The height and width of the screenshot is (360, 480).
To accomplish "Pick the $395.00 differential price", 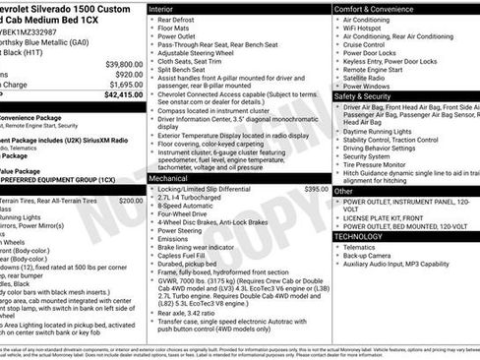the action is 317,188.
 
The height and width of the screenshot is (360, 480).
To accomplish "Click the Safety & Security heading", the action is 369,96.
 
